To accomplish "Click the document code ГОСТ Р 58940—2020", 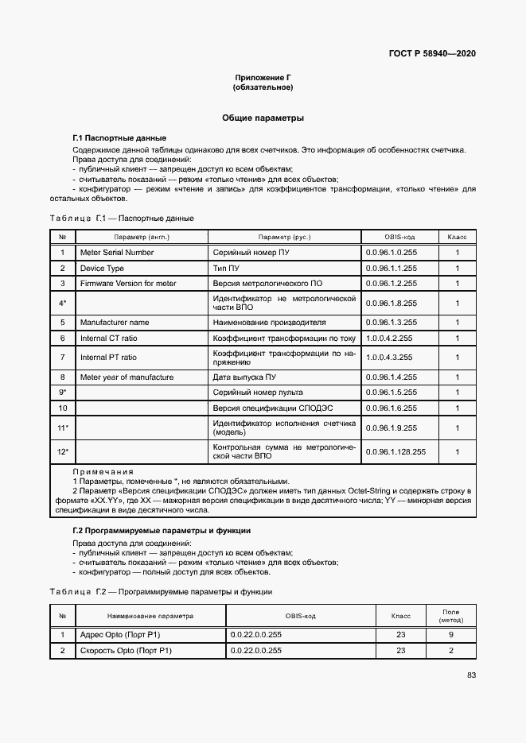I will pyautogui.click(x=432, y=54).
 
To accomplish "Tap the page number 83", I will pyautogui.click(x=471, y=675).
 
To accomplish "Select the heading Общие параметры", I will pyautogui.click(x=263, y=118).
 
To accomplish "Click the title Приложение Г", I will pyautogui.click(x=263, y=77).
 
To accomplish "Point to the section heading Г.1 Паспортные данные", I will pyautogui.click(x=119, y=138).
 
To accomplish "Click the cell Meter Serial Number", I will pyautogui.click(x=117, y=253).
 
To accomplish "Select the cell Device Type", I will pyautogui.click(x=102, y=269).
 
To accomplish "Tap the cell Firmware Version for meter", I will pyautogui.click(x=128, y=284).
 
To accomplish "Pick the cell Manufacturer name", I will pyautogui.click(x=115, y=323).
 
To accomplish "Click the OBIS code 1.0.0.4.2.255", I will pyautogui.click(x=391, y=339).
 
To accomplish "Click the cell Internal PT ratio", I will pyautogui.click(x=108, y=358).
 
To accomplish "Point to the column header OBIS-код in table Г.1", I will pyautogui.click(x=399, y=238).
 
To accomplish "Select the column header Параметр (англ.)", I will pyautogui.click(x=142, y=238).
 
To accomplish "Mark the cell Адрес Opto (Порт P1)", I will pyautogui.click(x=120, y=635).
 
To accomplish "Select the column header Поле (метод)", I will pyautogui.click(x=450, y=616).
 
